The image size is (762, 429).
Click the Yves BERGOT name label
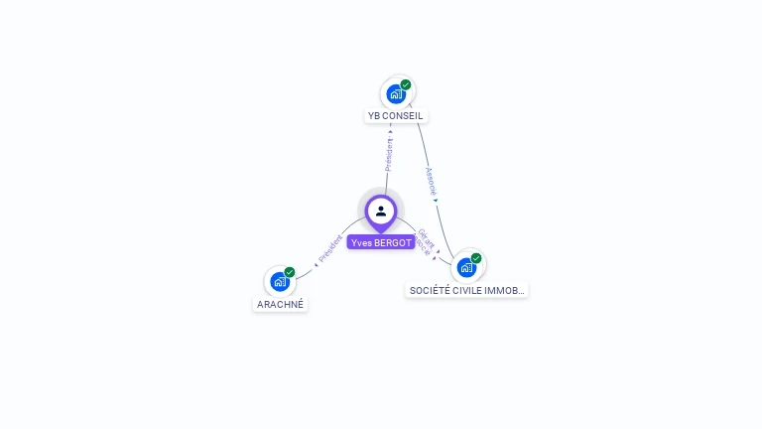pos(381,242)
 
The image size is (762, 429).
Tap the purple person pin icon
pos(381,211)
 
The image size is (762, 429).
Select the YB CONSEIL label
pos(395,115)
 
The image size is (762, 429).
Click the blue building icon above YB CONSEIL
pos(396,94)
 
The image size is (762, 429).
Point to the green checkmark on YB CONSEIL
pos(406,85)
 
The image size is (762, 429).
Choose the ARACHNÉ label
pos(280,304)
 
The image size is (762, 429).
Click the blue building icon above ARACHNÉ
pos(280,282)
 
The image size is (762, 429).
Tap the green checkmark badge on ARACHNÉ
pos(290,272)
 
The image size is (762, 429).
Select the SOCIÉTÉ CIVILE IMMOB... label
pos(467,290)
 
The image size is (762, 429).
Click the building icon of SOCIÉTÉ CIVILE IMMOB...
pos(466,267)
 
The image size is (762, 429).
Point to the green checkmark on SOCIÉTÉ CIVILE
pos(476,258)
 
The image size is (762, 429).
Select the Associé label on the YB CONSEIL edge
pos(431,180)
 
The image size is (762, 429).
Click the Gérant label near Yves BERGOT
pos(424,238)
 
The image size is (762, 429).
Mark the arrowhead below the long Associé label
pos(436,200)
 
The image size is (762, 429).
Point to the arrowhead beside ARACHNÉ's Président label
pos(316,265)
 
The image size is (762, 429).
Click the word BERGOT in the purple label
pos(394,242)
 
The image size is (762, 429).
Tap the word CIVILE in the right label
pos(471,290)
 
